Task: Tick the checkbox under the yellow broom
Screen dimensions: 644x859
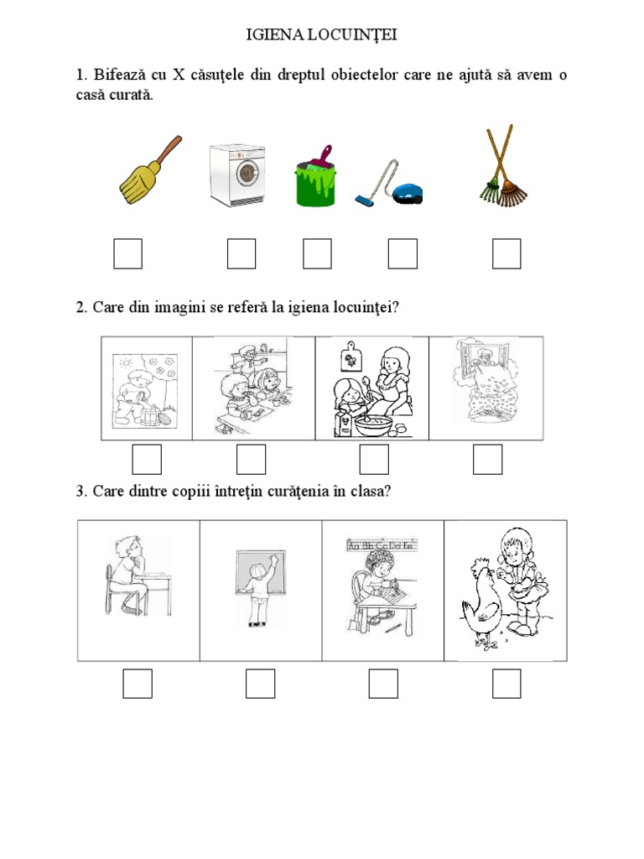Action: pyautogui.click(x=127, y=253)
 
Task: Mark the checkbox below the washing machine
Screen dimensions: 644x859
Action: pyautogui.click(x=241, y=253)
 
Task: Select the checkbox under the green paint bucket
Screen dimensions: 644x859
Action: pyautogui.click(x=317, y=253)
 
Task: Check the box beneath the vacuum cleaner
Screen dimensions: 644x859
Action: pyautogui.click(x=402, y=253)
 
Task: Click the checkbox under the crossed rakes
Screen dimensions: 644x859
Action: pyautogui.click(x=506, y=253)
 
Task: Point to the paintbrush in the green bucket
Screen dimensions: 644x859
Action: pyautogui.click(x=320, y=159)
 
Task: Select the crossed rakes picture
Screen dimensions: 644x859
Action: pyautogui.click(x=503, y=165)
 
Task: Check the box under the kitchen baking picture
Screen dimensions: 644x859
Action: pyautogui.click(x=374, y=459)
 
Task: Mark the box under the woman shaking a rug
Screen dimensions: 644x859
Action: pyautogui.click(x=487, y=459)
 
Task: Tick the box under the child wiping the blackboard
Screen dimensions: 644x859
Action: pyautogui.click(x=260, y=684)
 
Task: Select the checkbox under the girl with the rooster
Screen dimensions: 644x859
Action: pyautogui.click(x=506, y=684)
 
